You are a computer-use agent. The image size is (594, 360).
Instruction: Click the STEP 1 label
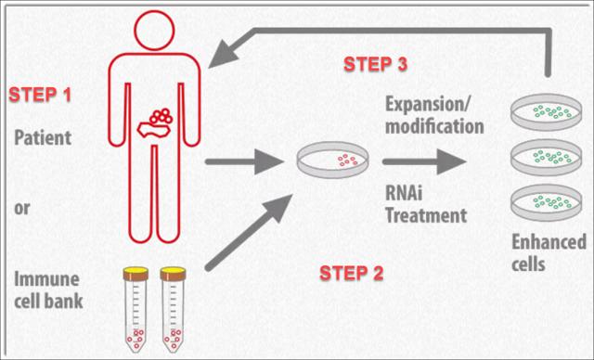(x=40, y=95)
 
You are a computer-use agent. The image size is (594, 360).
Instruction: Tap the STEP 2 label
(x=352, y=274)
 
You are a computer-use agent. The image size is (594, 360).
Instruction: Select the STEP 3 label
(x=375, y=64)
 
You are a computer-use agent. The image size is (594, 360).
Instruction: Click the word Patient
(x=43, y=138)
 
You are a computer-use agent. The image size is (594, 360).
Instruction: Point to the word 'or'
(x=22, y=208)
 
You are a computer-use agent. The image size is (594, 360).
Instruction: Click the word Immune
(x=46, y=279)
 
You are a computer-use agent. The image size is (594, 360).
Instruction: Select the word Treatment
(x=426, y=215)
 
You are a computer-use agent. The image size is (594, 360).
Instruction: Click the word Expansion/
(x=428, y=105)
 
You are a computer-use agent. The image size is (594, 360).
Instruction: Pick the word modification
(x=434, y=126)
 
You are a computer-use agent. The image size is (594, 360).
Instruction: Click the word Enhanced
(x=549, y=242)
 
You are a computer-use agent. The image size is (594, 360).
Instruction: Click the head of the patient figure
(x=154, y=31)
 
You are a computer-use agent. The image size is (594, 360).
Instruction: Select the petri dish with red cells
(x=332, y=160)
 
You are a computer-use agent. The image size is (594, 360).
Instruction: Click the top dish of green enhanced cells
(x=547, y=111)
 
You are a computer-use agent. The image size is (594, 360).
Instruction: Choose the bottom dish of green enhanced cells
(x=547, y=202)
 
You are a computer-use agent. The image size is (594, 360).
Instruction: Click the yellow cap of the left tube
(x=136, y=271)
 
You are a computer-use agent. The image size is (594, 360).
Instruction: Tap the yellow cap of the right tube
(x=174, y=271)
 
